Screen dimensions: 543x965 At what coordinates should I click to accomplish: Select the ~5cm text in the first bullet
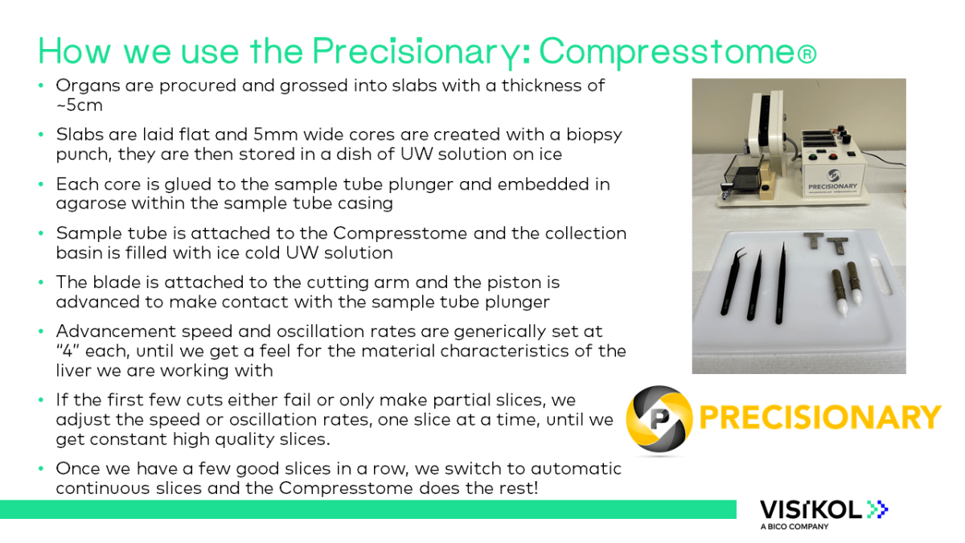pyautogui.click(x=79, y=105)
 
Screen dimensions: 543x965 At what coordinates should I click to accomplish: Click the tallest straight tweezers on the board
pyautogui.click(x=779, y=282)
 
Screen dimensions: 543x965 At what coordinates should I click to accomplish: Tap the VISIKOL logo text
pyautogui.click(x=812, y=509)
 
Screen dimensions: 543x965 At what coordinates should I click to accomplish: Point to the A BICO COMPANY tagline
pyautogui.click(x=794, y=527)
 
